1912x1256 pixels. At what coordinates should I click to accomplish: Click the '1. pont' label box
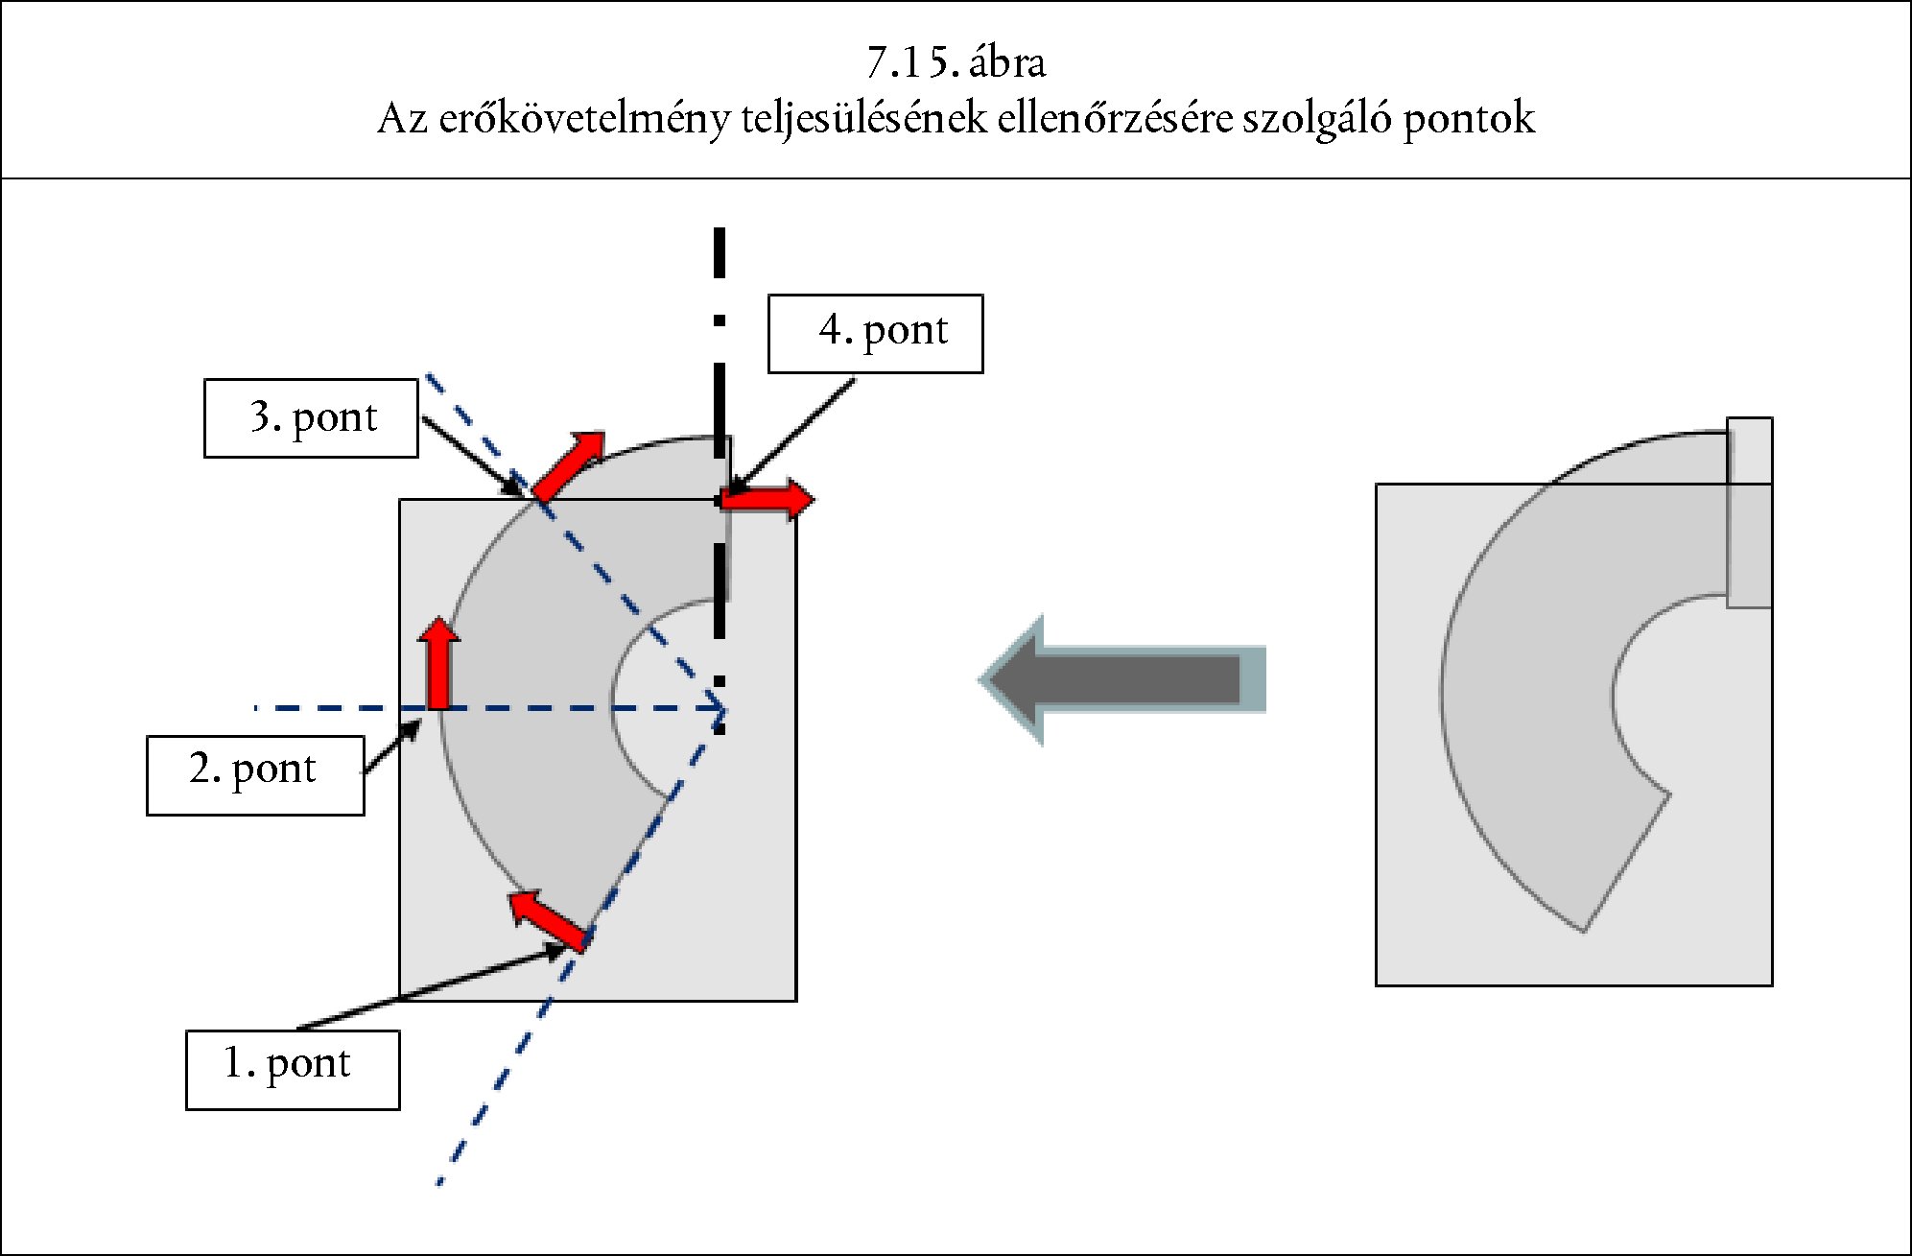(293, 1070)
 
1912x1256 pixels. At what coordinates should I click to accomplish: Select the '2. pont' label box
(255, 775)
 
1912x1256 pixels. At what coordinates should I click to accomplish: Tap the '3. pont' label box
(311, 418)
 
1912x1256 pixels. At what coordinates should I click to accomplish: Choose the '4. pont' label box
(875, 333)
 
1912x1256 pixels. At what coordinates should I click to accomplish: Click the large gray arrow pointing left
(1122, 680)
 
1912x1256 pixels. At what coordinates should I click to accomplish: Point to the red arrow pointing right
(767, 499)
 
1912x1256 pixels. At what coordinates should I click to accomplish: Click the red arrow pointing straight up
(439, 662)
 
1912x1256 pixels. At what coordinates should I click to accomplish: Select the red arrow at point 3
(570, 465)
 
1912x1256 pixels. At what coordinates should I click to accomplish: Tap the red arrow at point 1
(547, 917)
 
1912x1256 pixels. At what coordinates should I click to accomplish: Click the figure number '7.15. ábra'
(956, 63)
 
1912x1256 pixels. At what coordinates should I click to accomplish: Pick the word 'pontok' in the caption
(1469, 120)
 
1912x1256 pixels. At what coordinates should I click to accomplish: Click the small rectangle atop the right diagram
(1749, 512)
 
